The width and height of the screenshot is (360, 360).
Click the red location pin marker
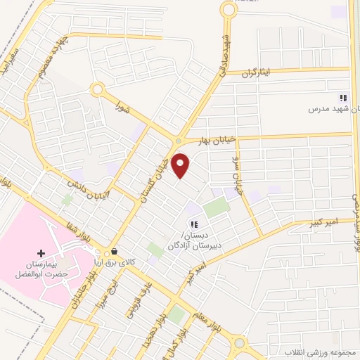click(x=181, y=165)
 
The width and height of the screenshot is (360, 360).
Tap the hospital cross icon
click(x=41, y=252)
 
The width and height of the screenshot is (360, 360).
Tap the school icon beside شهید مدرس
click(x=343, y=98)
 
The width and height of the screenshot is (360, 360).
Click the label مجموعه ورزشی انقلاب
click(x=320, y=351)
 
